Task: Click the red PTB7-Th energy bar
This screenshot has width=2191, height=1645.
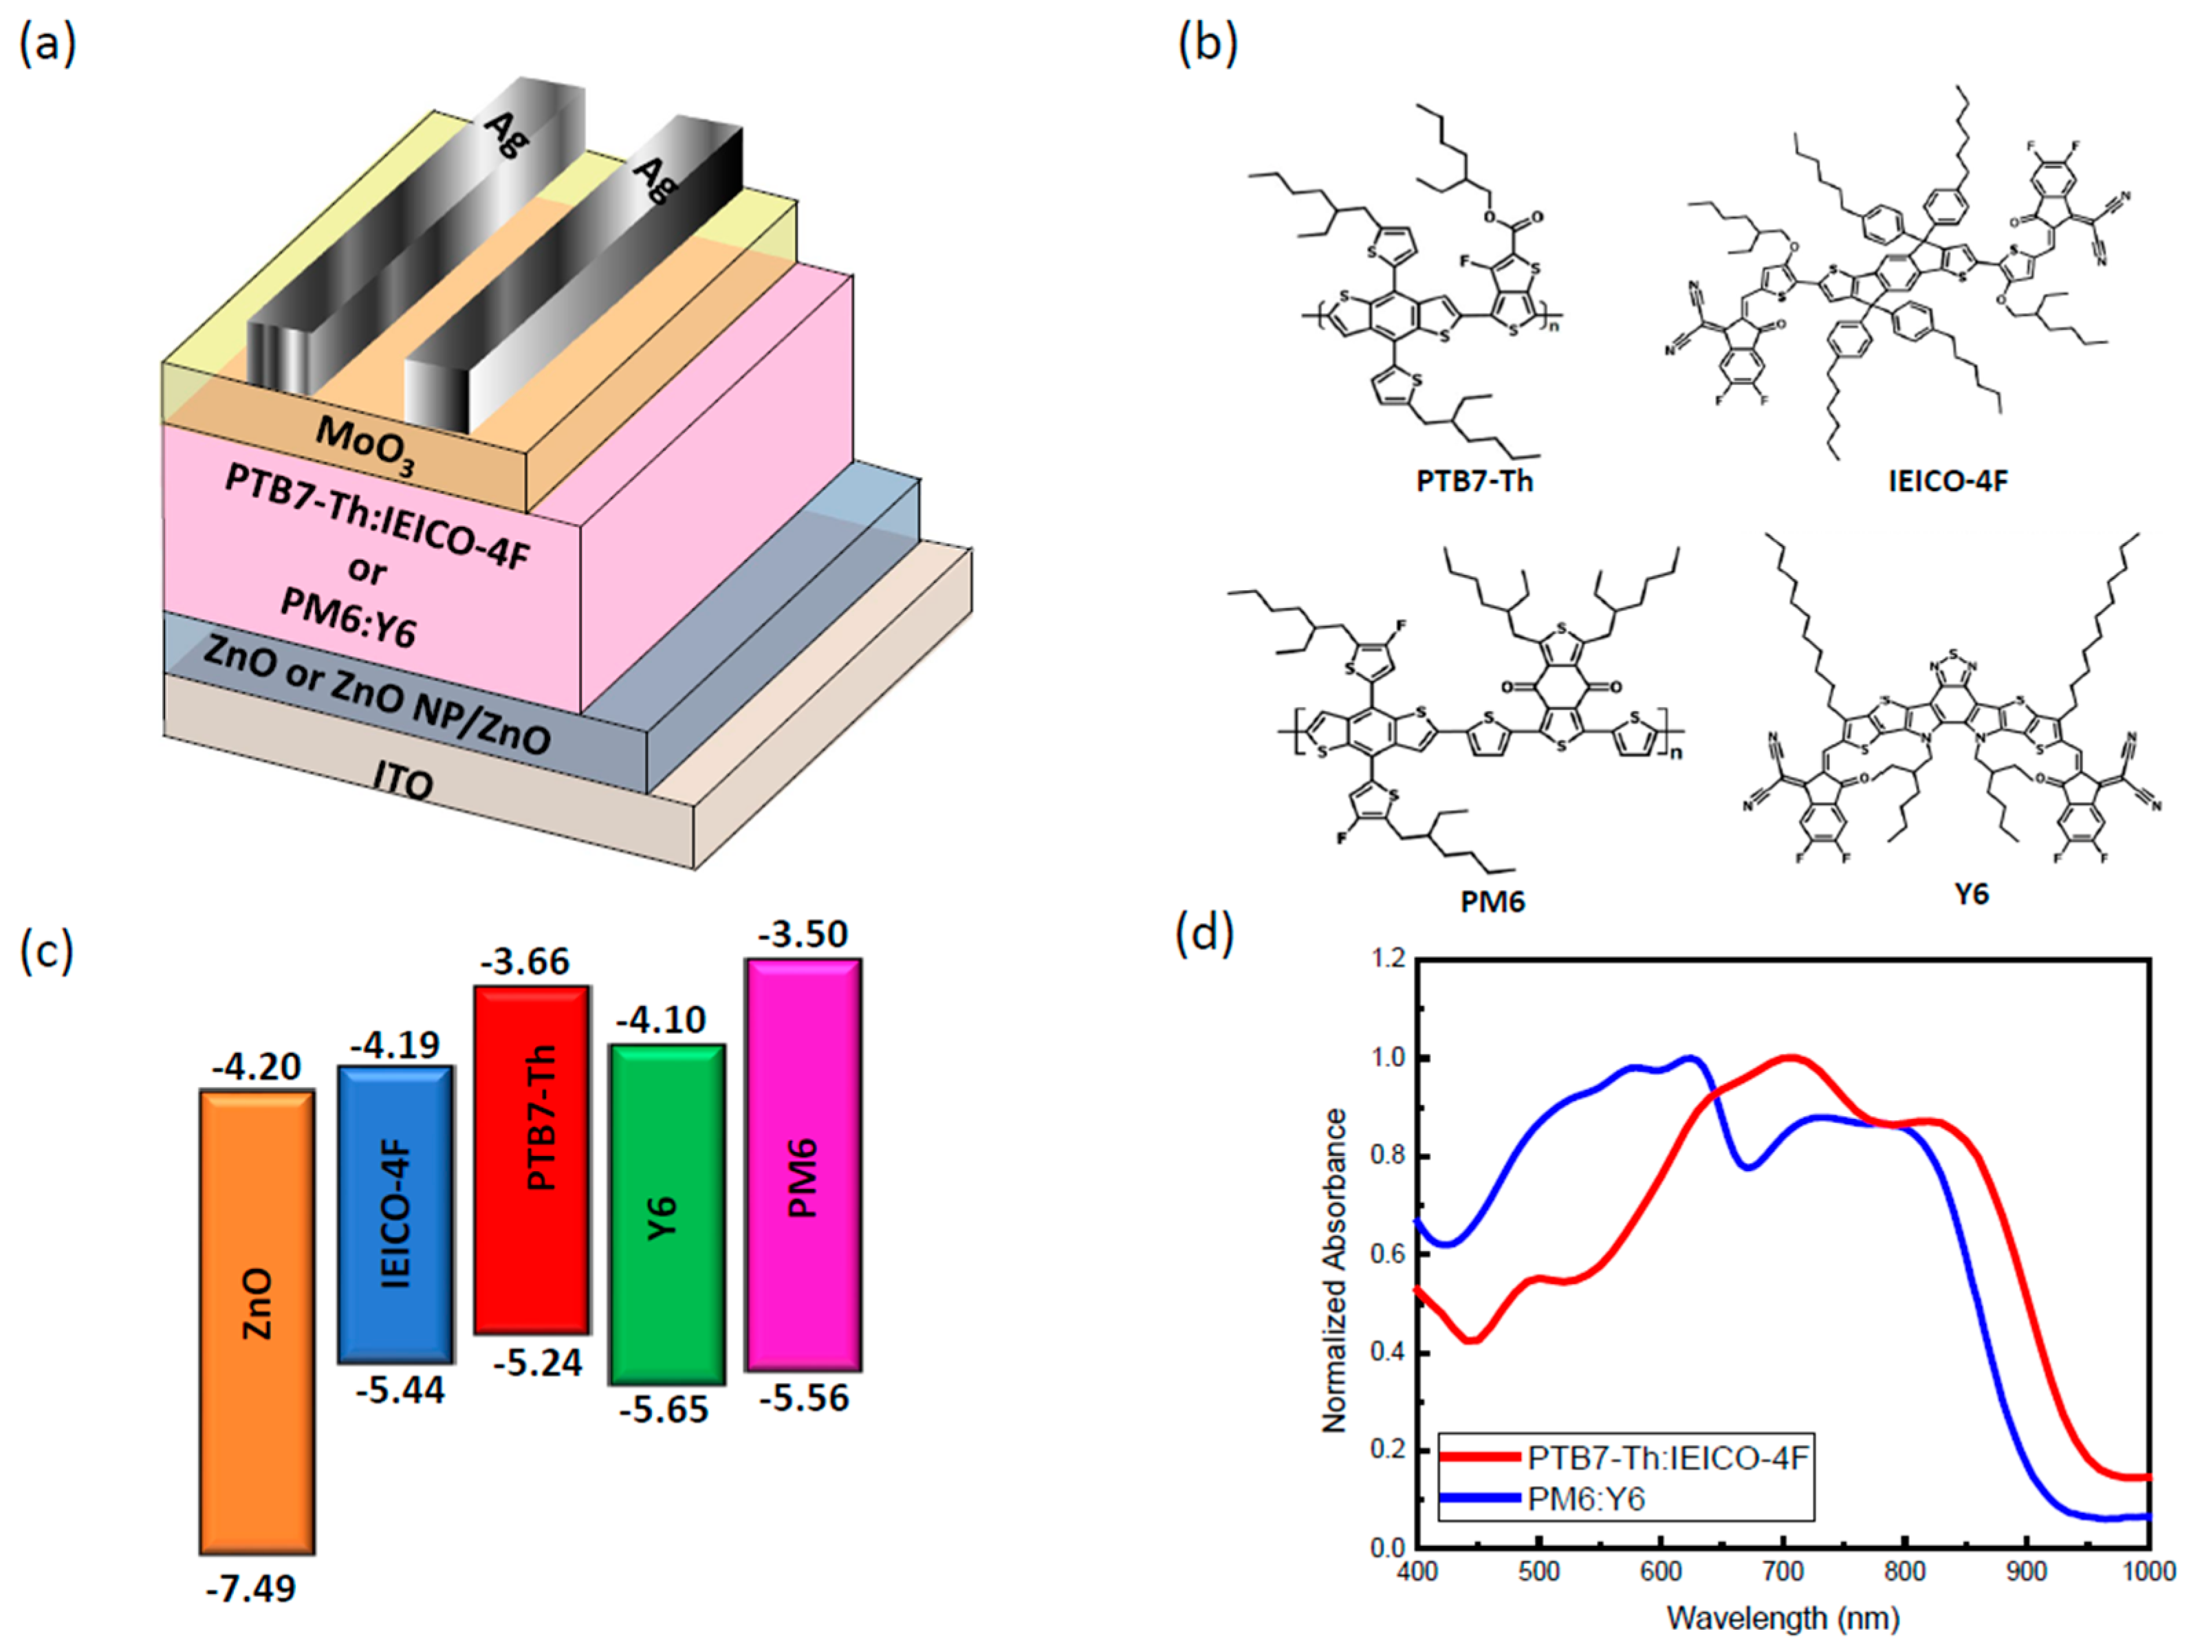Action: (532, 1159)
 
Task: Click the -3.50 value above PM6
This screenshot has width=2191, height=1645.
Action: (803, 935)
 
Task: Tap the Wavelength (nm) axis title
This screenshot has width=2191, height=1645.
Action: (1783, 1618)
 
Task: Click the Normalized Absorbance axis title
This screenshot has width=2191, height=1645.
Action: (1336, 1271)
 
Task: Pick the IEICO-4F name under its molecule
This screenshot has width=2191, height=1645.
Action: (1948, 482)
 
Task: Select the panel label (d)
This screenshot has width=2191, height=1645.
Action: (1204, 934)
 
